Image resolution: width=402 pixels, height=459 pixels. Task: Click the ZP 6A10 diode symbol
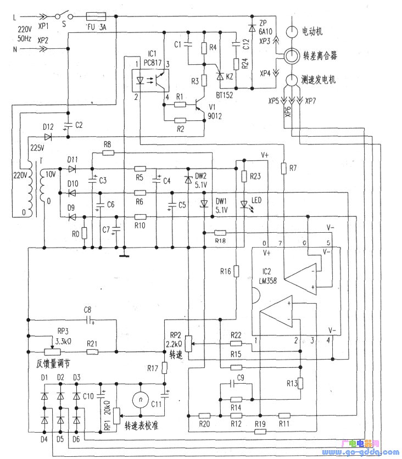pyautogui.click(x=252, y=26)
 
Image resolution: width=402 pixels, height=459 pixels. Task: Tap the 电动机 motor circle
pyautogui.click(x=292, y=31)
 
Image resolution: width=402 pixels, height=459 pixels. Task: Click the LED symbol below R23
pyautogui.click(x=244, y=204)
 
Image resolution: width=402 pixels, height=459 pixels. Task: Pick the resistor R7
pyautogui.click(x=284, y=167)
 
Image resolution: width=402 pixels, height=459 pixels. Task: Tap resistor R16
pyautogui.click(x=236, y=271)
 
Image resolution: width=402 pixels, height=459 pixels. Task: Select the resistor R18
pyautogui.click(x=220, y=233)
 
